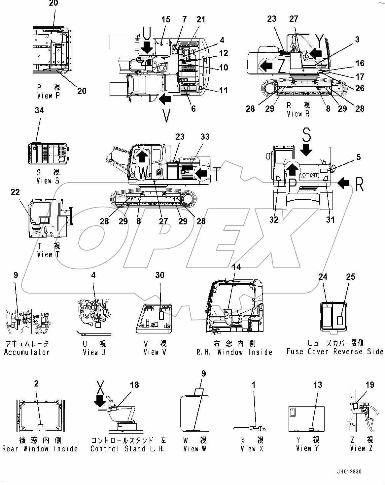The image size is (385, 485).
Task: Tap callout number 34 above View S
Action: pos(39,110)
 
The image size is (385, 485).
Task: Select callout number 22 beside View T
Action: pos(15,192)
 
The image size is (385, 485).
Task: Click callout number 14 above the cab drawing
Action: pos(236,267)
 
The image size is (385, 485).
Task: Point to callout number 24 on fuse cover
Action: pos(323,277)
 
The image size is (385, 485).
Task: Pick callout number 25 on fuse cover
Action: pos(350,277)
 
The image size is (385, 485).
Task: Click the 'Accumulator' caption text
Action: pos(27,352)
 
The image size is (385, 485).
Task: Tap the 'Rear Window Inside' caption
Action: pos(40,449)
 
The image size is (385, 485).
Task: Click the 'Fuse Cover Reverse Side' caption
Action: pos(335,352)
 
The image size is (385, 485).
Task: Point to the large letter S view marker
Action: pos(306,135)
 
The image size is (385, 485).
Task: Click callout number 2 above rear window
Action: pos(36,384)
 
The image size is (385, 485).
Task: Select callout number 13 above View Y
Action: pos(317,385)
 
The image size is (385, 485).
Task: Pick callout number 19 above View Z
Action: pos(369,385)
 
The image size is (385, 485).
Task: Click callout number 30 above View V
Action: pos(159,275)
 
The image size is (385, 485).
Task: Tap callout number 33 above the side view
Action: pos(205,137)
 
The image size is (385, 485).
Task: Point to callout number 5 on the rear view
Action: pos(359,158)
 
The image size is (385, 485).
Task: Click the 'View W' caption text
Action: pos(195,449)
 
